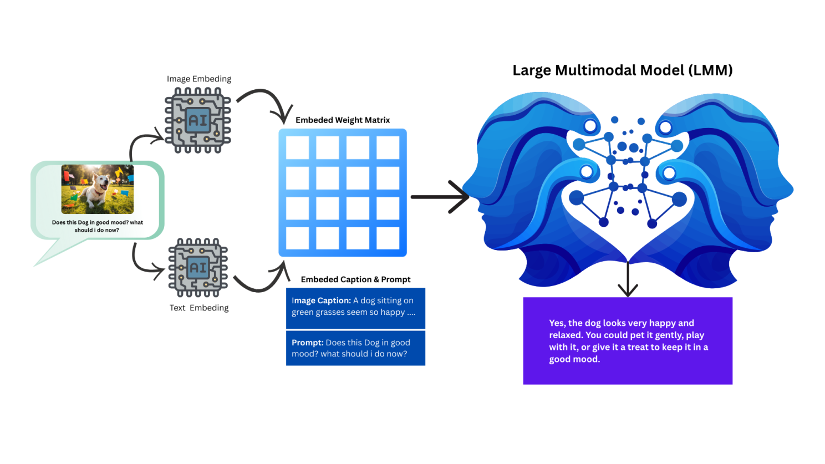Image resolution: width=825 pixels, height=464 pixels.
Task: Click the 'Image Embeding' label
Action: click(x=199, y=79)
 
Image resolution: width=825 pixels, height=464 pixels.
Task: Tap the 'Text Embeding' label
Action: click(x=199, y=308)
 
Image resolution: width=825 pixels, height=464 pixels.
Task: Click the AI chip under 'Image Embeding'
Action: click(x=198, y=120)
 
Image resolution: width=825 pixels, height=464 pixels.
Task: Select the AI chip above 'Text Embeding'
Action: click(x=198, y=268)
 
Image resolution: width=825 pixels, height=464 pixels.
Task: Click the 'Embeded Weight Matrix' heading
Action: click(x=343, y=120)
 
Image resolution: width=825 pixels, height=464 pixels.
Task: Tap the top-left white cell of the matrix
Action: click(x=297, y=147)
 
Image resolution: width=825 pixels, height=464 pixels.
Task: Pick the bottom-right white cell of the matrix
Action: click(x=388, y=238)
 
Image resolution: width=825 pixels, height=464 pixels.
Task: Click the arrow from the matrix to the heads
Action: click(x=440, y=197)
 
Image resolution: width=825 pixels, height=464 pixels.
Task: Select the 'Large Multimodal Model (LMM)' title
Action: click(x=623, y=70)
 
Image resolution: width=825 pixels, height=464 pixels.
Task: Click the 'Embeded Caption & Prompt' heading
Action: click(x=355, y=279)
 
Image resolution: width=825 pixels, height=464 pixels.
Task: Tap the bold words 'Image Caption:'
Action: click(x=321, y=300)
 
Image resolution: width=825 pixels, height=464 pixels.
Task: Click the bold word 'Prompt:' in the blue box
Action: click(x=308, y=343)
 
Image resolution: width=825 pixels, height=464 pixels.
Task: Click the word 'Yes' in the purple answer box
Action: click(x=557, y=323)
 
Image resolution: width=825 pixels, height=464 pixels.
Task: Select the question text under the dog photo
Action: click(x=97, y=226)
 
